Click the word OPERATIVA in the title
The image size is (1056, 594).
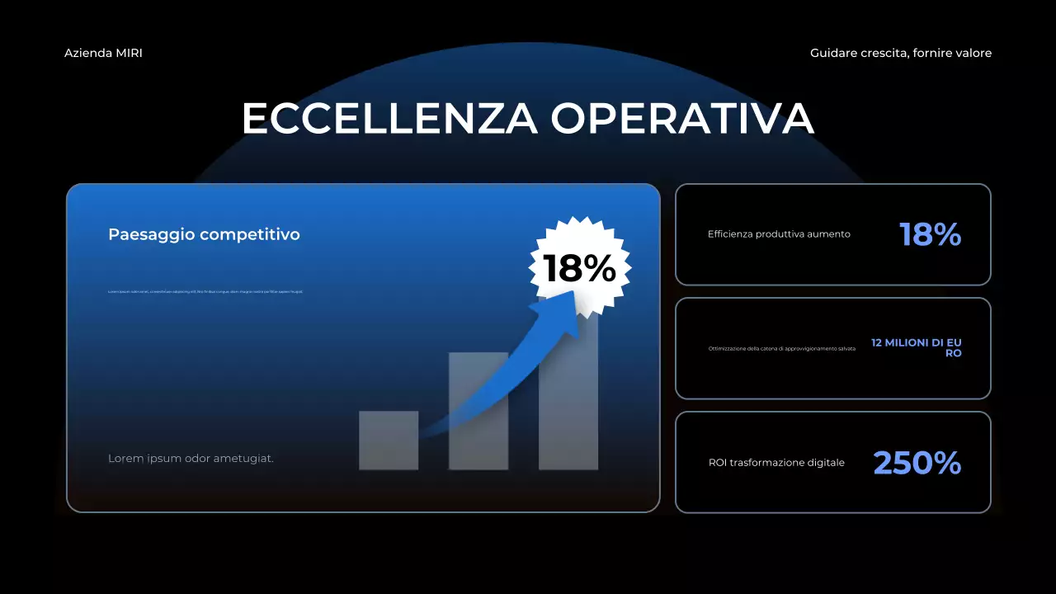coord(682,119)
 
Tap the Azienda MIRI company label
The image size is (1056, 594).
coord(103,53)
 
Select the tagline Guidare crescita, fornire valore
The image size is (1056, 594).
coord(901,53)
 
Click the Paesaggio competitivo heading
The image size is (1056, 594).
coord(204,234)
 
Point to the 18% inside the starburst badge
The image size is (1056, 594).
coord(579,268)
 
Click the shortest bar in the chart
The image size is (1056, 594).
coord(388,441)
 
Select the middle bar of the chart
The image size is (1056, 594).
coord(478,412)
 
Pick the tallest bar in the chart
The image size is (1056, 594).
coord(568,396)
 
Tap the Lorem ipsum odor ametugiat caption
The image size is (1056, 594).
coord(191,459)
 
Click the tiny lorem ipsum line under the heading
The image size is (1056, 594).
coord(205,291)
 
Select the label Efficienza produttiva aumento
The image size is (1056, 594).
coord(779,234)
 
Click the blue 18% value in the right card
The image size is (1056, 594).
coord(930,235)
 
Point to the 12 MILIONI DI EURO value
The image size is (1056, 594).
coord(917,347)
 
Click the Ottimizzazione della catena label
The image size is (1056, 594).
coord(781,348)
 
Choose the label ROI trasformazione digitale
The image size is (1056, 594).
coord(776,463)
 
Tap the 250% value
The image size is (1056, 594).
coord(917,463)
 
